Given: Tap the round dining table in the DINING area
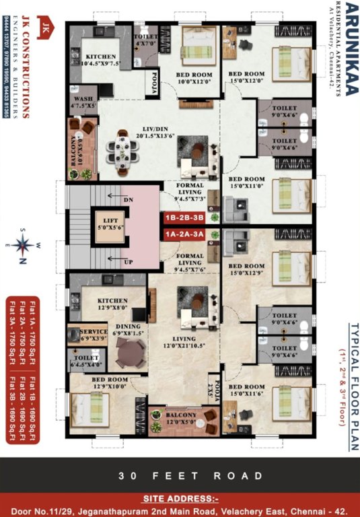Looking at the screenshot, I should (x=129, y=350).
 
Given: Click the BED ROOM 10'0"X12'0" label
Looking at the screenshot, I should (x=194, y=78).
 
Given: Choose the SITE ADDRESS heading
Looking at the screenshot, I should (x=180, y=499).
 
